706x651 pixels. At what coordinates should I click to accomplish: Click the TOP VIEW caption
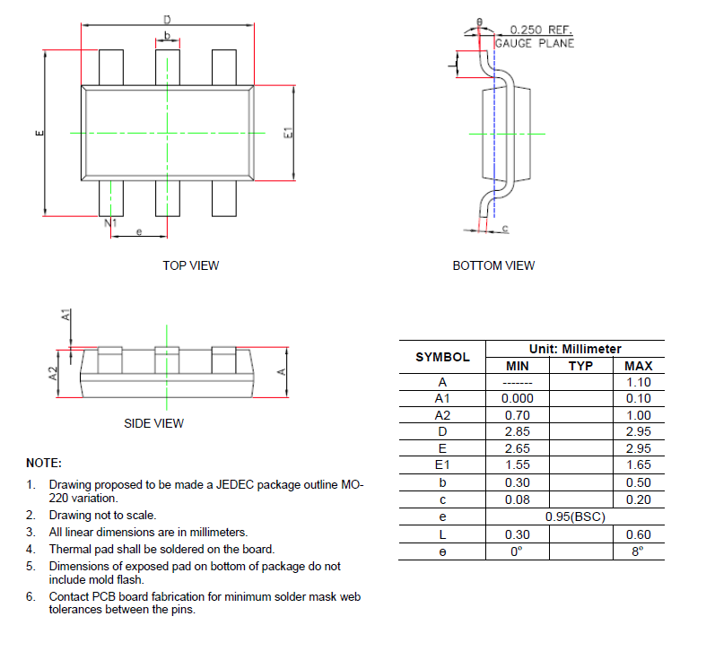point(190,265)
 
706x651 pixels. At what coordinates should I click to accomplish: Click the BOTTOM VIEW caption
point(493,265)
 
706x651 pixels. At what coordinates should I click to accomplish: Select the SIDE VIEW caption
point(153,423)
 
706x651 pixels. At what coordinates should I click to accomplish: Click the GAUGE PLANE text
point(535,43)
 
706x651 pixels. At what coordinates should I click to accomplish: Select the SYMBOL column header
point(442,357)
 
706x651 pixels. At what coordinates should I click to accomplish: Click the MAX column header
point(638,366)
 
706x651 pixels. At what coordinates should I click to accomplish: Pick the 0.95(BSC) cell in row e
point(575,517)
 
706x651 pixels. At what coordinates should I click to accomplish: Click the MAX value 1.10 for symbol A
point(638,381)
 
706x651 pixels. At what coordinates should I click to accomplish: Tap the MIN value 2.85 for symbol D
point(517,432)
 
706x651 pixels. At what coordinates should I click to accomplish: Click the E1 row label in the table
point(441,465)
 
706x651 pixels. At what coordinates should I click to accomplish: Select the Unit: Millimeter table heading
point(575,349)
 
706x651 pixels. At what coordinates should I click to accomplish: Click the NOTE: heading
point(44,464)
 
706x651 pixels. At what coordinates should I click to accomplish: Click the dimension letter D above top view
point(167,19)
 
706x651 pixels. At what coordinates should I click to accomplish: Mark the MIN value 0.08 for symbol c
point(517,499)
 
